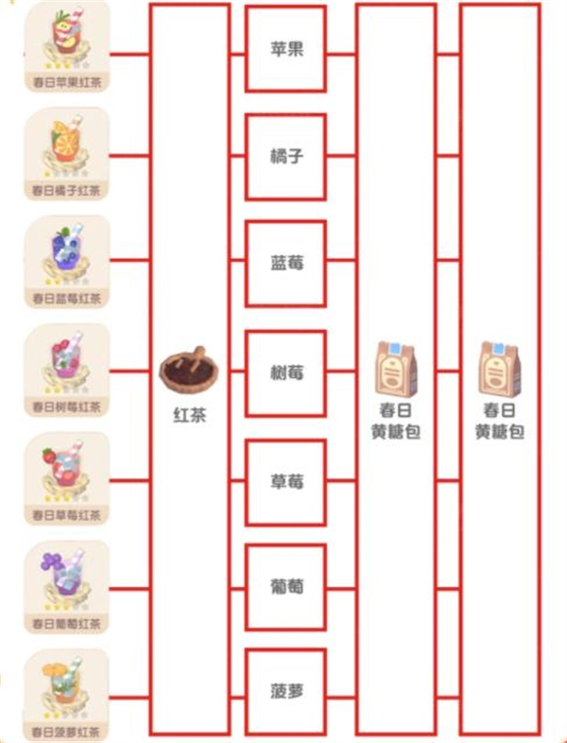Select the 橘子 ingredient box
tap(286, 157)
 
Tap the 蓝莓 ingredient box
tap(286, 265)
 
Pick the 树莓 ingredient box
tap(286, 373)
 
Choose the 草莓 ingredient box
tap(286, 481)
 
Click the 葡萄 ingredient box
tap(286, 588)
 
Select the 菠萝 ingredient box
tap(286, 691)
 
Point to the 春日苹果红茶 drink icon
tap(66, 39)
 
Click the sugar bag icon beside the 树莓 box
tap(396, 368)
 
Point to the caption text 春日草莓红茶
tap(66, 515)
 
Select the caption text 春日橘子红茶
tap(66, 190)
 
